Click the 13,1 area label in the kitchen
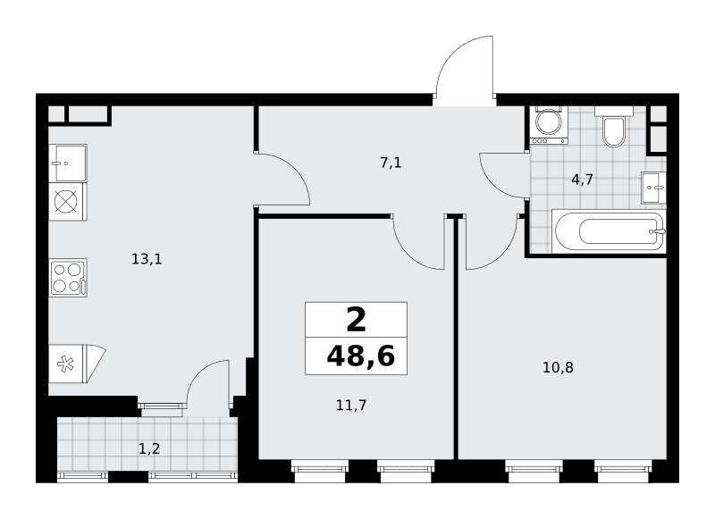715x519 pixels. (x=147, y=259)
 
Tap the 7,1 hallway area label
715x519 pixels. (x=391, y=163)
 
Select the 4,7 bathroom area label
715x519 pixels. (x=582, y=180)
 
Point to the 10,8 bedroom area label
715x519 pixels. (x=558, y=367)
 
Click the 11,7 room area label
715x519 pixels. (x=351, y=405)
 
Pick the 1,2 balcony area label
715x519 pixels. (x=149, y=448)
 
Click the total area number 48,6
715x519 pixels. (x=361, y=356)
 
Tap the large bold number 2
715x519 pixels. (x=356, y=320)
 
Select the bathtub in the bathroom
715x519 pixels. (x=609, y=231)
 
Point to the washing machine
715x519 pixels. (x=550, y=125)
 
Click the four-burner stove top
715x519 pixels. (x=68, y=278)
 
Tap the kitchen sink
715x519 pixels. (x=68, y=163)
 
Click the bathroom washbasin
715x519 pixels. (x=653, y=188)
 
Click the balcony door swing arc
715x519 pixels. (x=199, y=371)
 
